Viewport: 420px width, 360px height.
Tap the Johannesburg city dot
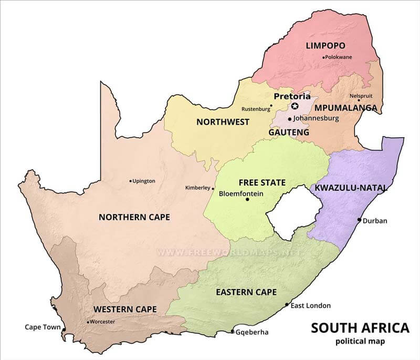click(289, 119)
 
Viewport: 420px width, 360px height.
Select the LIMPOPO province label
click(324, 46)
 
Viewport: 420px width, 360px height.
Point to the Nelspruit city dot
click(359, 100)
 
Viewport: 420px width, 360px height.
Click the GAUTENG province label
click(289, 132)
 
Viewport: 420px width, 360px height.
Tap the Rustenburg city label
click(255, 109)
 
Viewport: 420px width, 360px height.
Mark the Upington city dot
click(131, 181)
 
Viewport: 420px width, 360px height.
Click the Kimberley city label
click(197, 188)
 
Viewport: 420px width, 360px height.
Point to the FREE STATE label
click(262, 183)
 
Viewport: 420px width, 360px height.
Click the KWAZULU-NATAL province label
click(351, 188)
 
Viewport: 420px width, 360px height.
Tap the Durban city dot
click(360, 220)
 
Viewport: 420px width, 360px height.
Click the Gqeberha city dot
click(233, 332)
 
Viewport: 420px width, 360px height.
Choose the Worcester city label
click(102, 322)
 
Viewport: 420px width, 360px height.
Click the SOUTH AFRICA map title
click(360, 328)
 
